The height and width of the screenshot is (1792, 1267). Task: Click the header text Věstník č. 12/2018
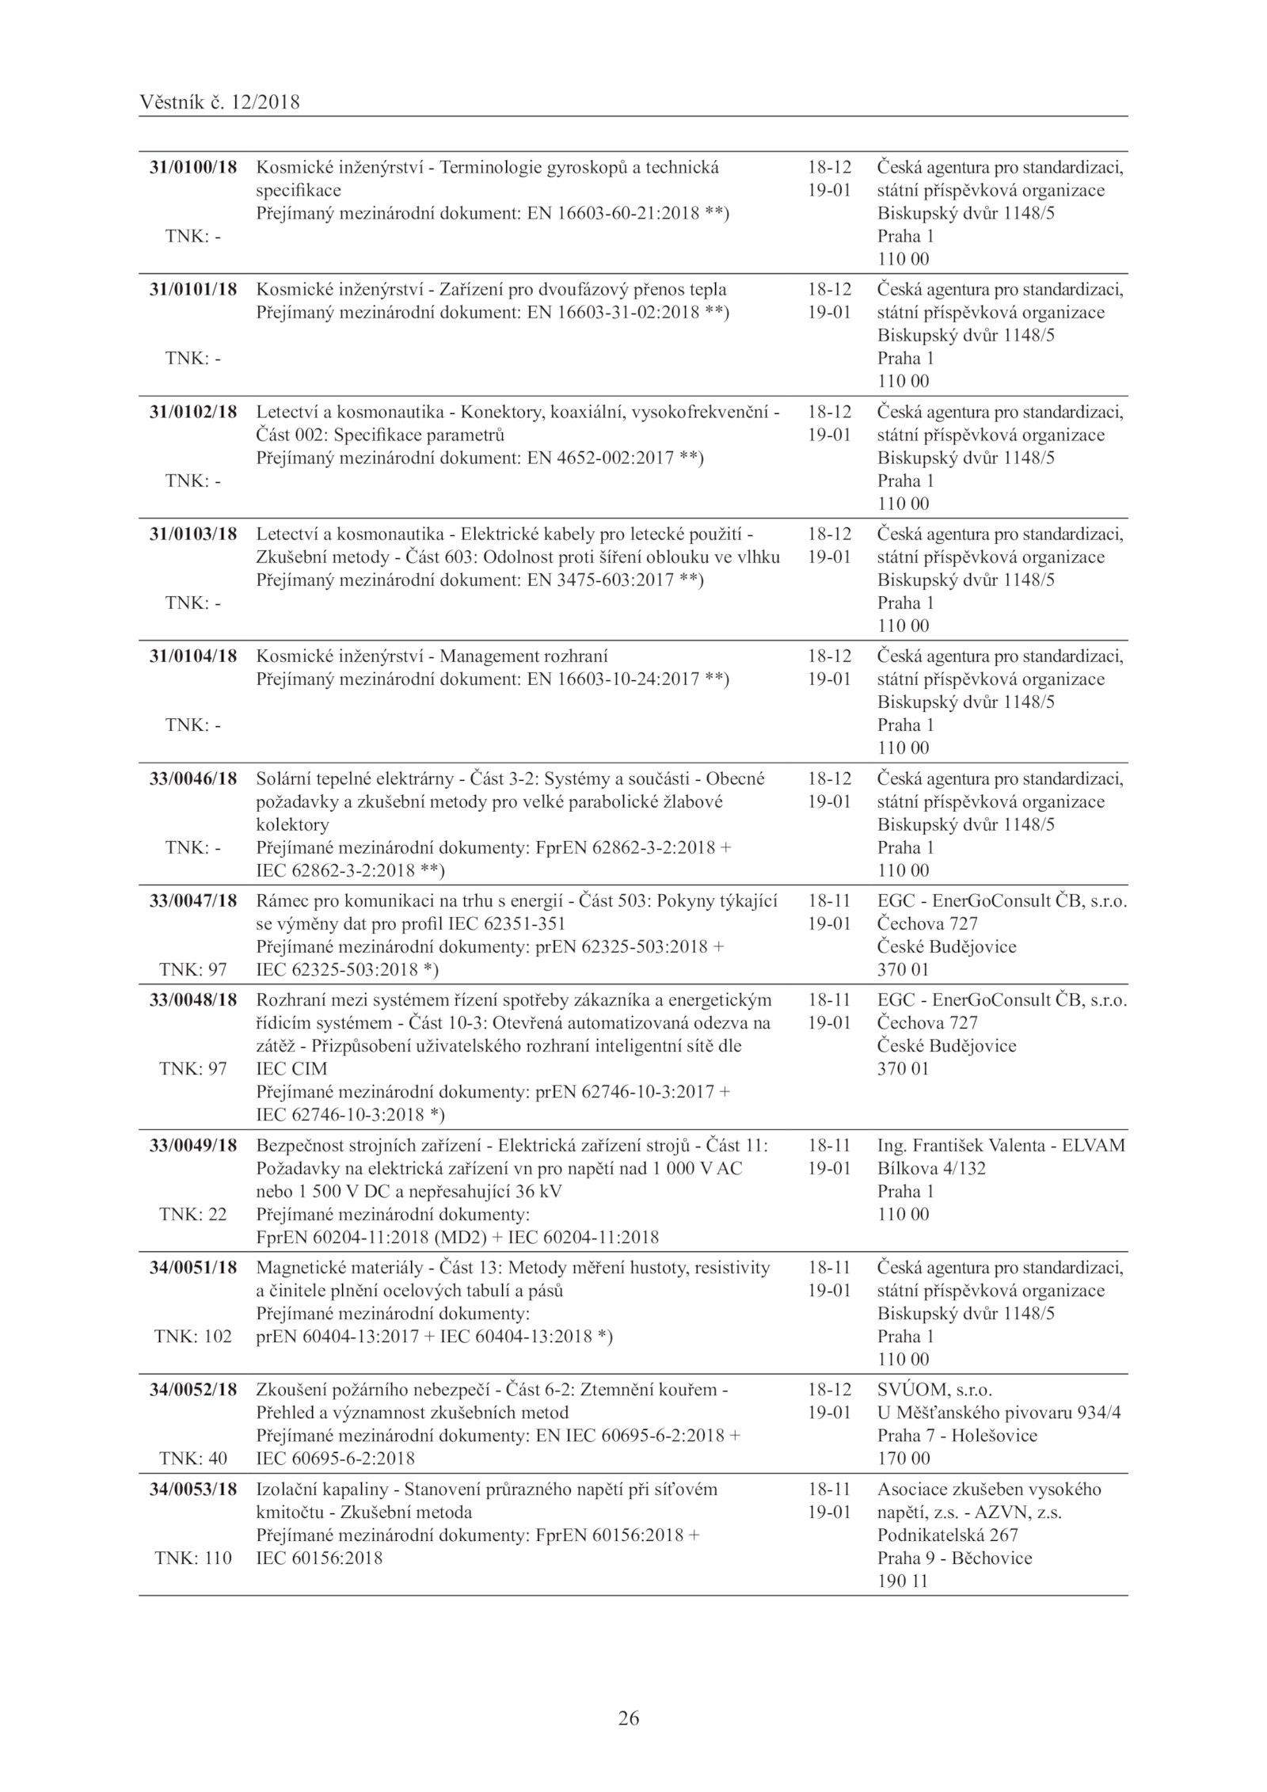219,102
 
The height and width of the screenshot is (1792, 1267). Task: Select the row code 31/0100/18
193,168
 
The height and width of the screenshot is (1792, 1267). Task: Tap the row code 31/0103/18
193,535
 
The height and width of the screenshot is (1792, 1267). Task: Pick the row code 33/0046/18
193,778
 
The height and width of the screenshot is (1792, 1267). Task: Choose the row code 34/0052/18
193,1390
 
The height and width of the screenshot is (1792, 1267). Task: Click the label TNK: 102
193,1337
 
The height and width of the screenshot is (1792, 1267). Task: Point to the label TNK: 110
193,1558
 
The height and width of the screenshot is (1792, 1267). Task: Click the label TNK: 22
193,1215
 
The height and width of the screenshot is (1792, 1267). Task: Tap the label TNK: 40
193,1459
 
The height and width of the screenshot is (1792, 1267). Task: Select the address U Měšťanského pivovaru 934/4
999,1413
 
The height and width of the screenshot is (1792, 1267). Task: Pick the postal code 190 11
902,1581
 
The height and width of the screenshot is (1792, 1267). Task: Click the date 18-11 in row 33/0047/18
828,901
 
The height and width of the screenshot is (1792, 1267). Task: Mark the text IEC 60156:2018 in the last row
319,1558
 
